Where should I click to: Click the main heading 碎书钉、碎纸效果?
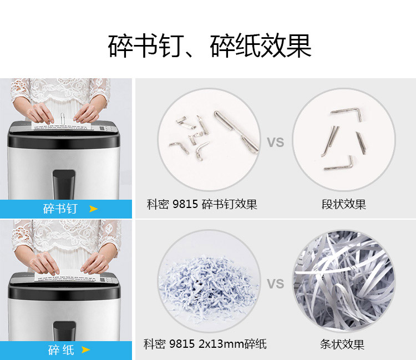[x=210, y=45]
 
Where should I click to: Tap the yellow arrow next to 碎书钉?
[x=93, y=209]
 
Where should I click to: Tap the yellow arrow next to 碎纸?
[x=85, y=349]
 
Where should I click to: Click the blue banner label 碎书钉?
[x=60, y=209]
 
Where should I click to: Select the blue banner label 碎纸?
[x=61, y=350]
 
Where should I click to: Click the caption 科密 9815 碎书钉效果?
[x=202, y=204]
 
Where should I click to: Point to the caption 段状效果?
[x=343, y=204]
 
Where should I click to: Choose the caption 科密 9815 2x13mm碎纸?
[x=205, y=344]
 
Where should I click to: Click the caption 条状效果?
[x=342, y=344]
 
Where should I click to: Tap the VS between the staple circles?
[x=275, y=143]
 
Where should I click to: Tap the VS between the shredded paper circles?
[x=275, y=283]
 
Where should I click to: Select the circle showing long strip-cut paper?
[x=344, y=281]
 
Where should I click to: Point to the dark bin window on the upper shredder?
[x=64, y=184]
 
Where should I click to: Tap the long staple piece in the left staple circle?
[x=236, y=131]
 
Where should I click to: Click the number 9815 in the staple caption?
[x=185, y=204]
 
